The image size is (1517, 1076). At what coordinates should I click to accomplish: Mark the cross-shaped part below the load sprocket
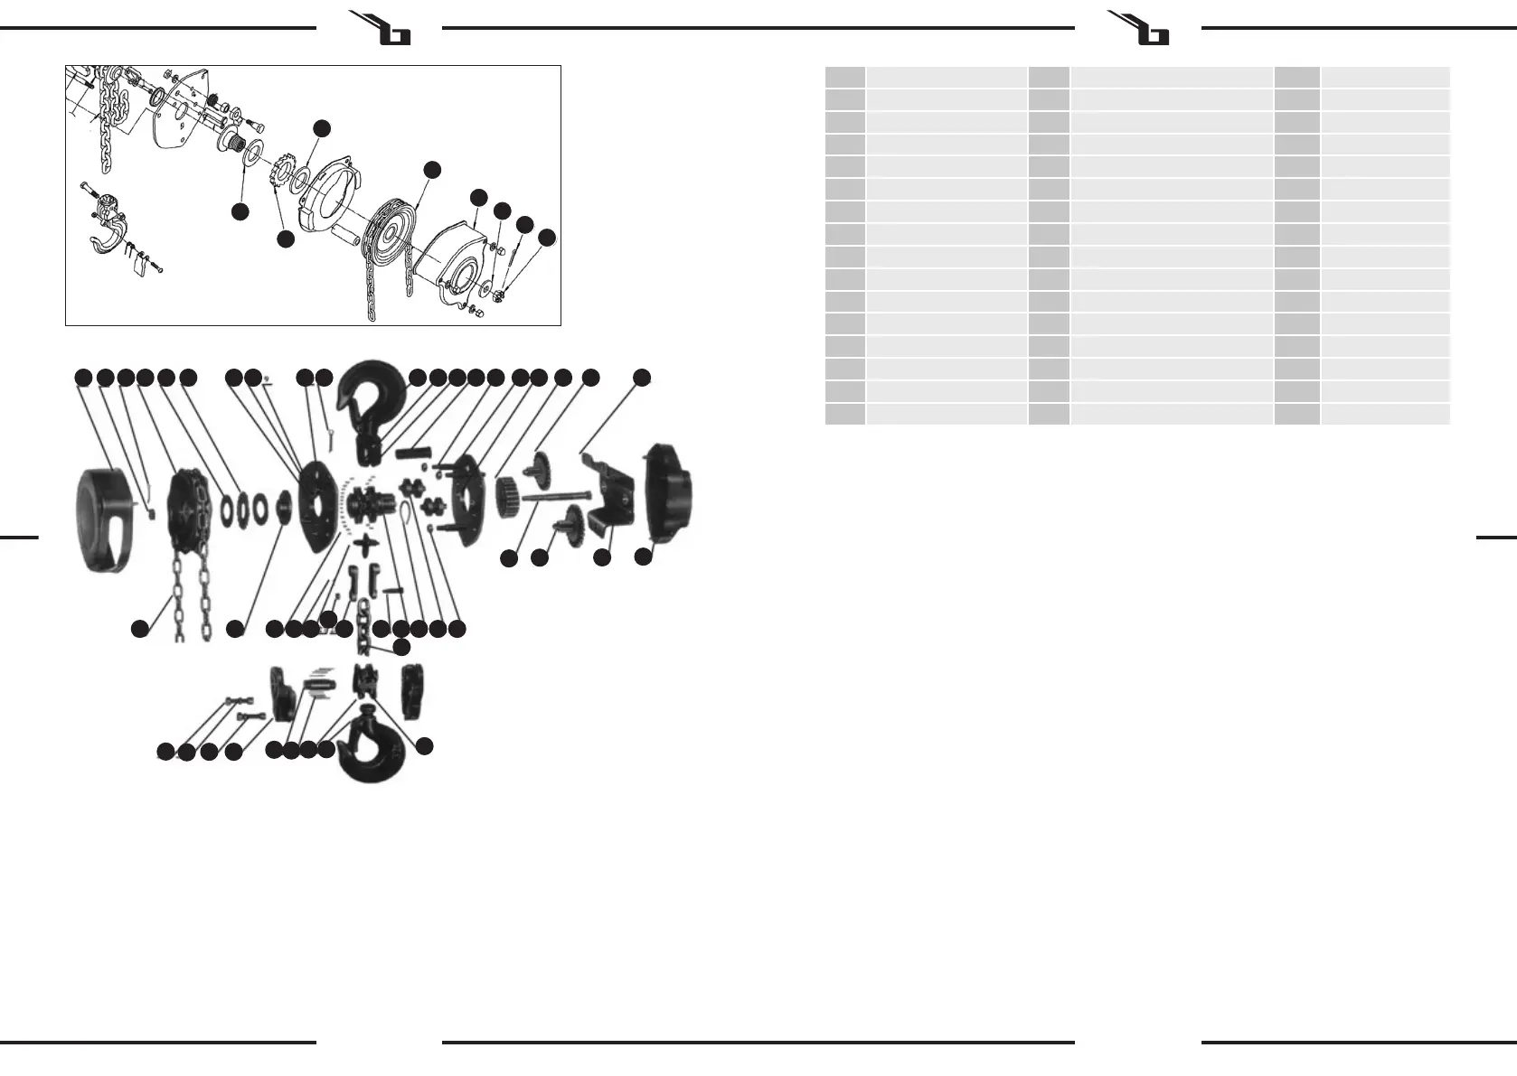point(367,545)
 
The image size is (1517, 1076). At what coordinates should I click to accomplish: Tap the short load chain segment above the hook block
point(363,623)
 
